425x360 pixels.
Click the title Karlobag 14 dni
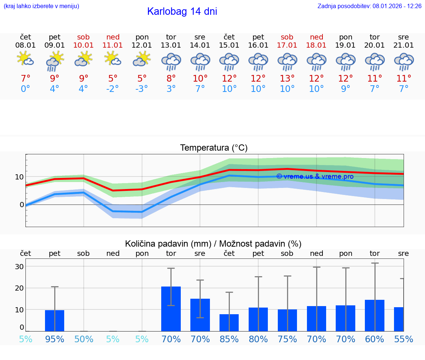(182, 11)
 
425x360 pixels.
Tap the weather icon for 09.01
(55, 61)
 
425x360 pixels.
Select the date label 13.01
(171, 45)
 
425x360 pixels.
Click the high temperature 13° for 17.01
(287, 79)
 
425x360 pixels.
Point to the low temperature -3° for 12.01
(142, 89)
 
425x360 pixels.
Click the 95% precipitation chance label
(55, 339)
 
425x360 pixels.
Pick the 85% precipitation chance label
(229, 339)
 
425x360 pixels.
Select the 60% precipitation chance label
(374, 339)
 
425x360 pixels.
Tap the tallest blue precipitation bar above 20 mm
(171, 309)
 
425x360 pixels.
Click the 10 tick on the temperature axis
(19, 177)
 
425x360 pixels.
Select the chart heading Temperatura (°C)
(214, 148)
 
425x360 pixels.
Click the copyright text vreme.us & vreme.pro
(315, 176)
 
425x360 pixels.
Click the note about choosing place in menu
(41, 6)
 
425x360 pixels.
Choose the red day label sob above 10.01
(83, 37)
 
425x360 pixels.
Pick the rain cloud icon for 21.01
(404, 61)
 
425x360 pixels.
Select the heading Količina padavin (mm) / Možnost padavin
(213, 244)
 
